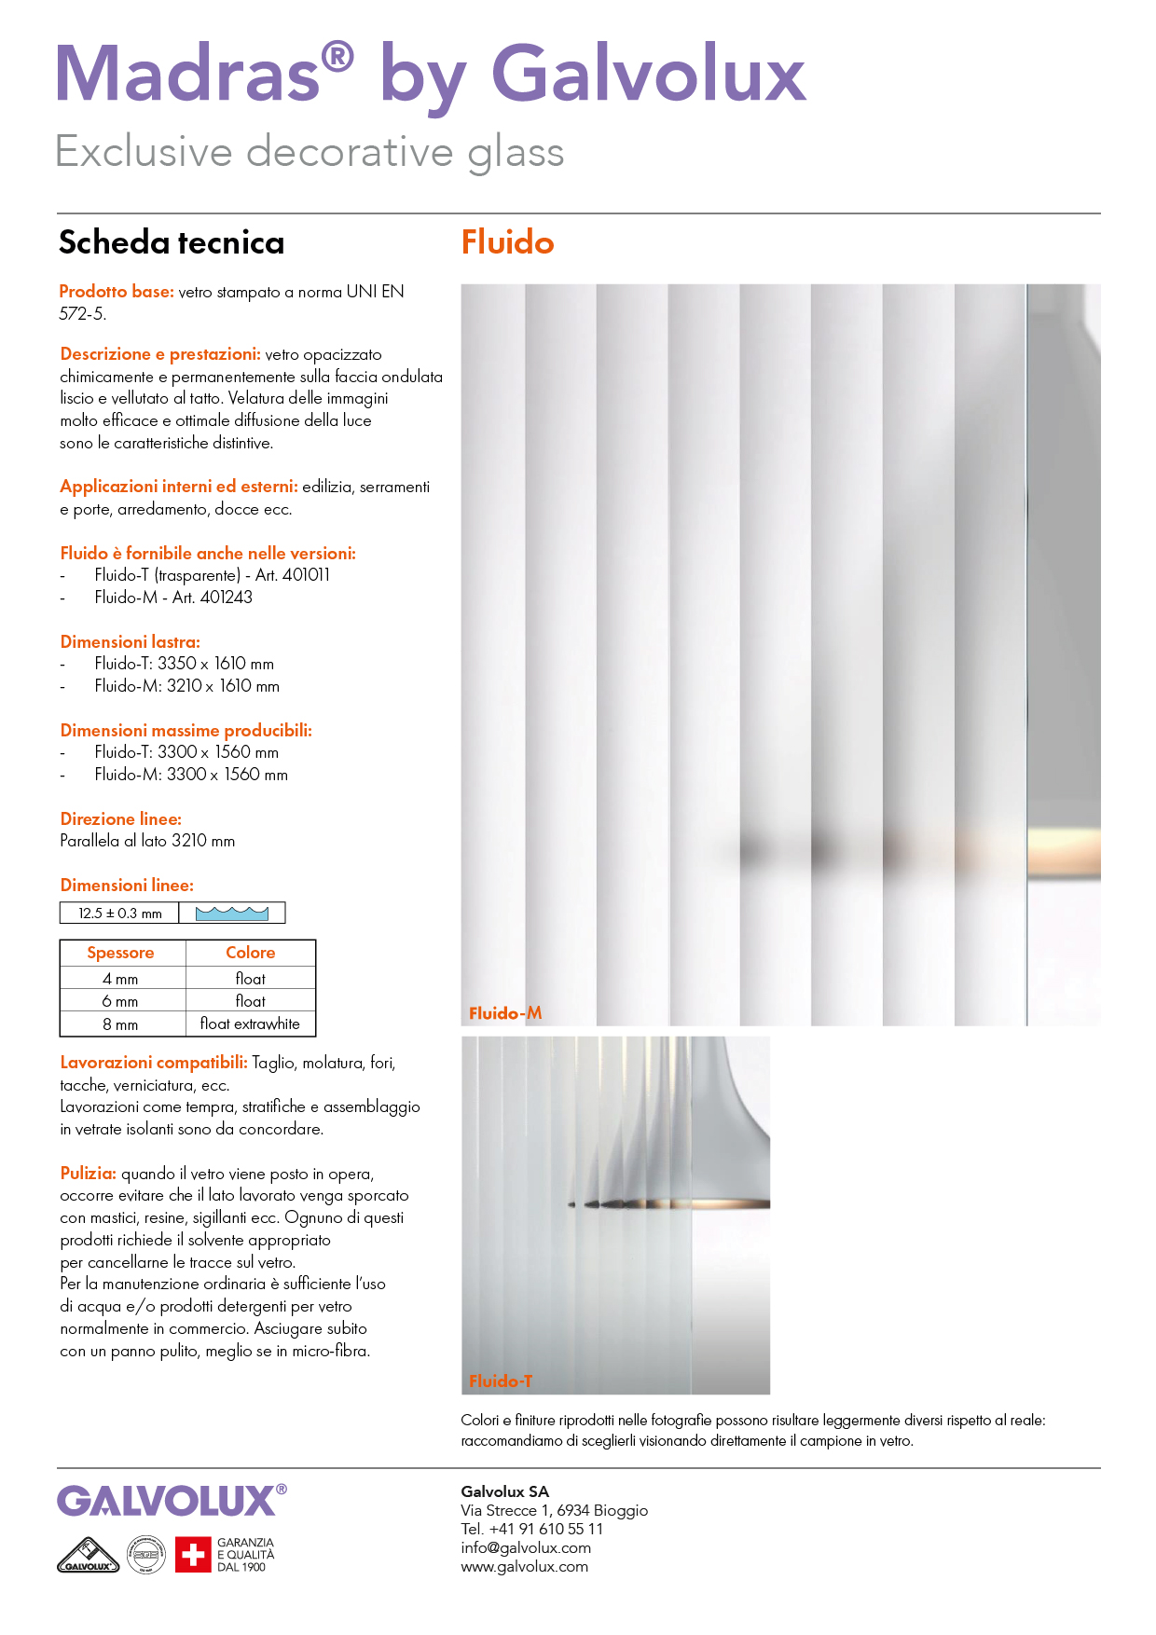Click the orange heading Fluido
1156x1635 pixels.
point(507,242)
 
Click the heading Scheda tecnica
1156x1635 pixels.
point(172,242)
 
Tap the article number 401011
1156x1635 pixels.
point(306,575)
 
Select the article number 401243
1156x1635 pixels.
point(227,598)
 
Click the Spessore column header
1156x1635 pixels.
point(121,953)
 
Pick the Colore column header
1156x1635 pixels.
point(250,953)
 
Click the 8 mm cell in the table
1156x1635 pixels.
point(121,1024)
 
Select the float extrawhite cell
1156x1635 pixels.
point(250,1024)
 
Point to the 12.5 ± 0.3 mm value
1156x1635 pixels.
point(120,914)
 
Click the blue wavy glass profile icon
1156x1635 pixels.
point(232,914)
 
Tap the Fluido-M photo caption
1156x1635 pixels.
point(505,1013)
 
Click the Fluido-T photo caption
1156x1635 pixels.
point(501,1381)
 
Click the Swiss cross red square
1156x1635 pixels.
point(193,1555)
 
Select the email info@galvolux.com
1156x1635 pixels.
point(526,1547)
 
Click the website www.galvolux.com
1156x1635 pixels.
point(524,1566)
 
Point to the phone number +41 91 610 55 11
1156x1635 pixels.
point(546,1529)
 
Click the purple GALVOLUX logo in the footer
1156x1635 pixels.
point(167,1501)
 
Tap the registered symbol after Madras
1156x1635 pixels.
point(337,58)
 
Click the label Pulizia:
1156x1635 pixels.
point(89,1174)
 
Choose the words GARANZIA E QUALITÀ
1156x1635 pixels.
point(246,1549)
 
